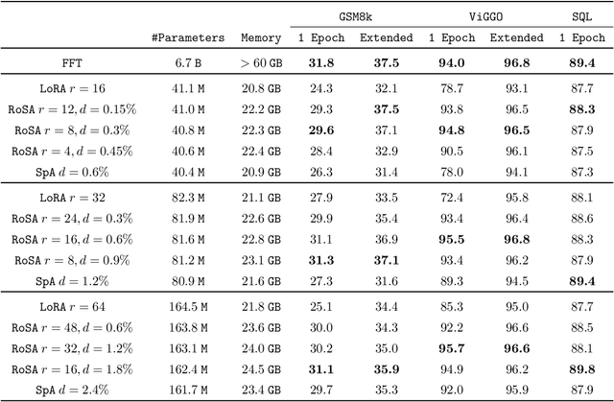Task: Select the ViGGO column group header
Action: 482,15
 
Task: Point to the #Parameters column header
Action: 188,38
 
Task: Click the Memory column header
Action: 261,38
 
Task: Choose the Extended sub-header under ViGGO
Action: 516,38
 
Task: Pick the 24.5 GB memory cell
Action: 261,368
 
